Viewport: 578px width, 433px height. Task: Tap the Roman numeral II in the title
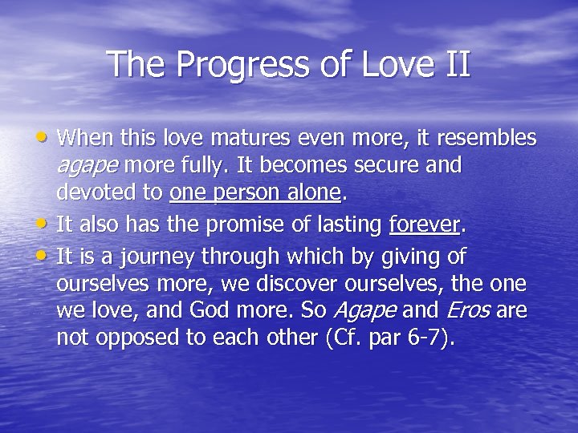[x=454, y=64]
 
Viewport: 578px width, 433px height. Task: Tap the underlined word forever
[x=425, y=226]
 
